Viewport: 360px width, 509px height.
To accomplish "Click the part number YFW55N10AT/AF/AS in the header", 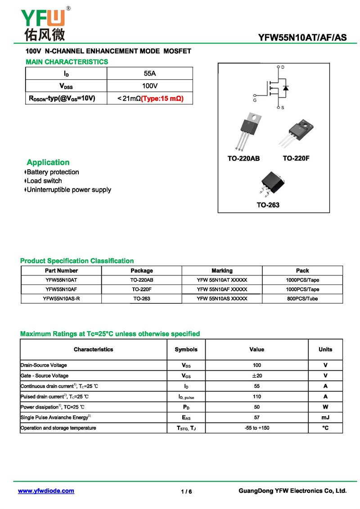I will pos(302,38).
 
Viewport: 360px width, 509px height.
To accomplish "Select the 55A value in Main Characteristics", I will pos(149,73).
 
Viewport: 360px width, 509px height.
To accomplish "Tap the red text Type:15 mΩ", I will pos(162,98).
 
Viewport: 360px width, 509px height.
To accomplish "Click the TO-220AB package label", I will pos(243,158).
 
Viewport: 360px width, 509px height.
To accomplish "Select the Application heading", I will pos(48,162).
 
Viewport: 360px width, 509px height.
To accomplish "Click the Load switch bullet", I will pos(44,181).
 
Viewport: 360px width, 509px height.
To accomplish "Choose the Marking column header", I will pos(222,270).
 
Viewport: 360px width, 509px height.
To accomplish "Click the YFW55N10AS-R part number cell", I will pos(61,298).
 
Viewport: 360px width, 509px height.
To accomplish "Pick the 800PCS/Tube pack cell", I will pos(302,298).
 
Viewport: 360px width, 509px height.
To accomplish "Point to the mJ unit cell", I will pos(325,418).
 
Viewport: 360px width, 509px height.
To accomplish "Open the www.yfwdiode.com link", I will pos(46,491).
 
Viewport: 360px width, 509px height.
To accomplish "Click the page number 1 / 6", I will pos(186,492).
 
